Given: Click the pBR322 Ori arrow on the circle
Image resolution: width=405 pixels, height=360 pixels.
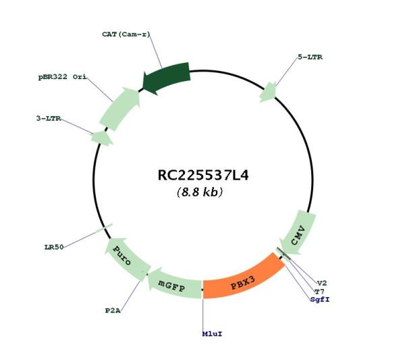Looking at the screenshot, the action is coord(121,108).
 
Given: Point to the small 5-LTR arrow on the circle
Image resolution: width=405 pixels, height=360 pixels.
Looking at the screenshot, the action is coord(268,93).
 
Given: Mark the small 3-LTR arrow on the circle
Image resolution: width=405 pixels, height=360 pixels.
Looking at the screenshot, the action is coord(102,138).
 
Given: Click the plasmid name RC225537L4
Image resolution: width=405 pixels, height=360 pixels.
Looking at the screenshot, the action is coord(203,175).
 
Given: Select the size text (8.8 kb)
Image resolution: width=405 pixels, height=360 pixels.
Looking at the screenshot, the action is coord(200,192).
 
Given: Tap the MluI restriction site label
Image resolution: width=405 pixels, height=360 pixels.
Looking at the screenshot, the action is coord(212,334).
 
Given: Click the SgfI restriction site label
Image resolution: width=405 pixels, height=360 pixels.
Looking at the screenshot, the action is coord(320,299).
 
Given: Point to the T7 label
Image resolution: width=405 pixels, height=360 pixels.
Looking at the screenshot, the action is coord(319,292).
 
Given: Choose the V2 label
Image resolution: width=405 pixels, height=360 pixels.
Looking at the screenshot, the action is coord(322,283).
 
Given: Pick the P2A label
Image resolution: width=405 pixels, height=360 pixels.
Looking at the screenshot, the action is coord(113,311).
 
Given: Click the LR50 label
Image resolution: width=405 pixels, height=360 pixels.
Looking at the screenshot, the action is coord(54,247).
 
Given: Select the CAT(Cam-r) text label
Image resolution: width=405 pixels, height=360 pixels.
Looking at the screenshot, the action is coord(126,34).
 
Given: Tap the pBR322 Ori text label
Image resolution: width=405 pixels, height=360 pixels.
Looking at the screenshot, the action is coord(62,77).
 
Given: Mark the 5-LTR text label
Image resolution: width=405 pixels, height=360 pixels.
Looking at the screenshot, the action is coord(310,57).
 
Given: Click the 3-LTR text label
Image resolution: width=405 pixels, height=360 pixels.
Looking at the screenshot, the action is coord(49,118).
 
